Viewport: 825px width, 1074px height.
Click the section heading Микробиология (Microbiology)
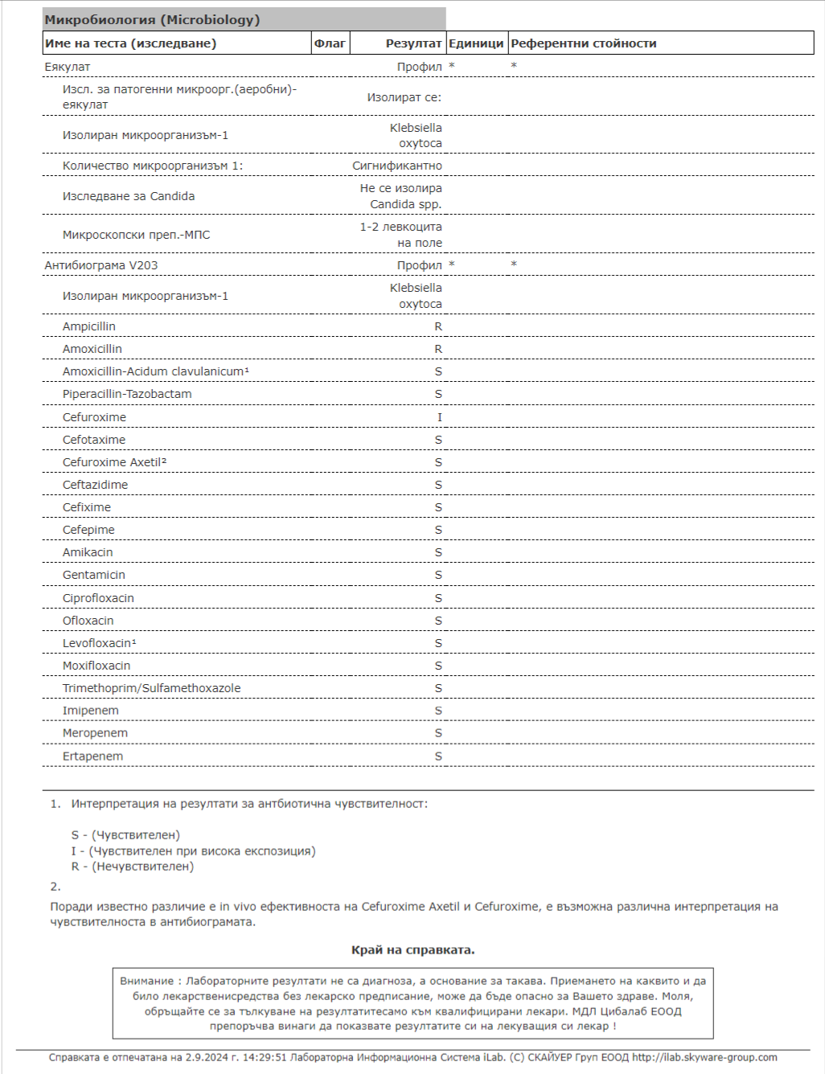click(152, 20)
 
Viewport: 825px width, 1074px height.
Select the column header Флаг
click(330, 43)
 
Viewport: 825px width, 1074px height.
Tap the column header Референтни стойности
click(584, 43)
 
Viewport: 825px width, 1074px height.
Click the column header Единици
click(476, 43)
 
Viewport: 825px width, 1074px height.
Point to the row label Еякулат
click(68, 67)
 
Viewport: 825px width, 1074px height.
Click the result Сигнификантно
click(397, 166)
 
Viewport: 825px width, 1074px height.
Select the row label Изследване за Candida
click(129, 196)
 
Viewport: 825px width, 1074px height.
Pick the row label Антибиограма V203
click(101, 265)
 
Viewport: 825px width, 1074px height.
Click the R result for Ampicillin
click(438, 326)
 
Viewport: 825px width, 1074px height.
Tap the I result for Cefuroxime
click(439, 417)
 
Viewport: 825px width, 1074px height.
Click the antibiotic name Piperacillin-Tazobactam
click(127, 394)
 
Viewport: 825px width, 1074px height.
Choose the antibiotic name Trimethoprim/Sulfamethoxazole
click(151, 688)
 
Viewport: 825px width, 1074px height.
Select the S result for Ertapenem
click(438, 756)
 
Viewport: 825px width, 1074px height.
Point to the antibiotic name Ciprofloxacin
click(98, 598)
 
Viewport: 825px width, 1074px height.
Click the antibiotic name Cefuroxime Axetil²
click(114, 462)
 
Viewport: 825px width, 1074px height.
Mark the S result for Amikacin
click(438, 552)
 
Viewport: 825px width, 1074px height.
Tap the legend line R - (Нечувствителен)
click(133, 867)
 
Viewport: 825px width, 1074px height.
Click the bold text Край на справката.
click(412, 950)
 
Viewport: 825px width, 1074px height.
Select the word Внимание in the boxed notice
click(147, 981)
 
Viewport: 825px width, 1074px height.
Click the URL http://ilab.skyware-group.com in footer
click(704, 1057)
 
